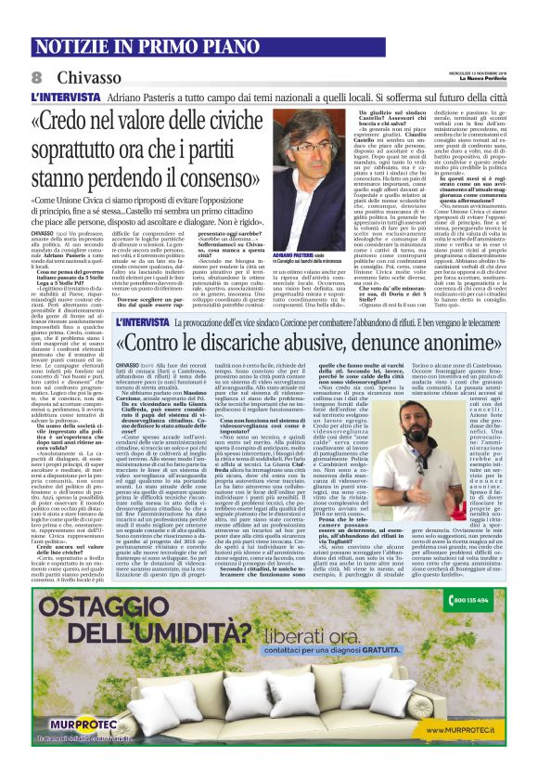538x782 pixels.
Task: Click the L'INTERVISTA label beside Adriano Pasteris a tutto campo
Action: pyautogui.click(x=62, y=97)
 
